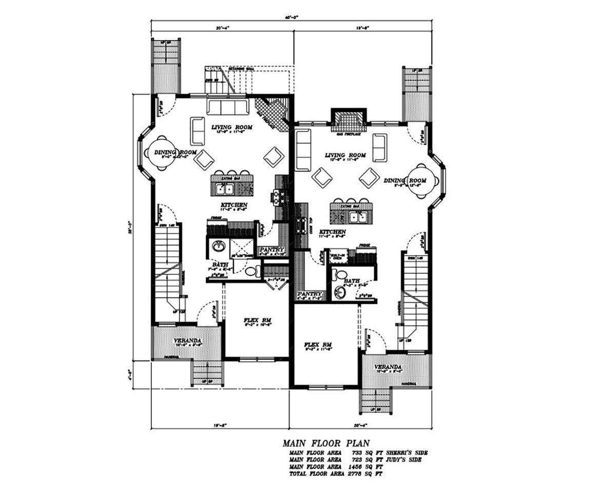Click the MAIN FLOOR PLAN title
coord(326,443)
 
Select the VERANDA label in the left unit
coord(187,340)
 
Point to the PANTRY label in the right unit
coord(310,294)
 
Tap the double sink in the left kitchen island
coord(225,189)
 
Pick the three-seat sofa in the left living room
coord(226,107)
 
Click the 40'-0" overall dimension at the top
coord(293,17)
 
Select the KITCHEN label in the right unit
coord(333,232)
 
